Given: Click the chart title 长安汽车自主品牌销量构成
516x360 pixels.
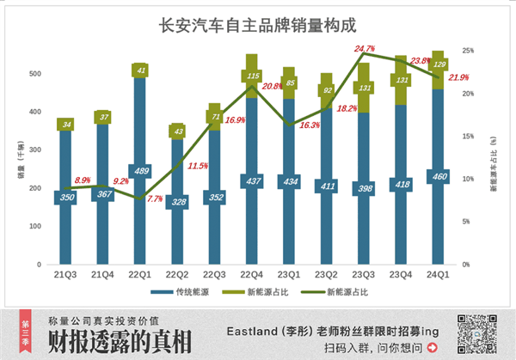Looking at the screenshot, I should [257, 26].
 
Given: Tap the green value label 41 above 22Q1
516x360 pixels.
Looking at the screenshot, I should [140, 70].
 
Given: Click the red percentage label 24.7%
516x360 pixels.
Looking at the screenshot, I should [365, 49].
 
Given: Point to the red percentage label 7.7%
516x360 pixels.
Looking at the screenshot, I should [155, 198].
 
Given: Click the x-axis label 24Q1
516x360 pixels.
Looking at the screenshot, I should [437, 274].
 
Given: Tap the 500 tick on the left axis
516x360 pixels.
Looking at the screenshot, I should [34, 74].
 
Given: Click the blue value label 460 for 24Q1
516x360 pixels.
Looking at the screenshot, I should [437, 176].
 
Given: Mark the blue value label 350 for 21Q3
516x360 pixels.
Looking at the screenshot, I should [65, 197].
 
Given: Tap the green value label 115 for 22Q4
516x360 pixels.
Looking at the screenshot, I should [251, 76].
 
